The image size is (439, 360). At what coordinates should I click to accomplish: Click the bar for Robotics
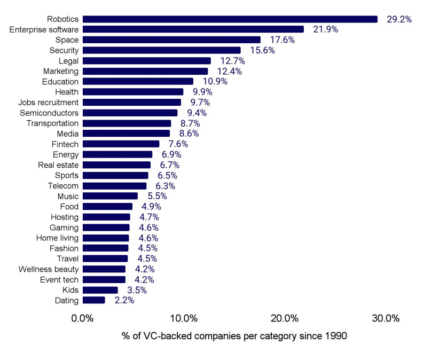[230, 19]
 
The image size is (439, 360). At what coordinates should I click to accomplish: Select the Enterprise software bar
[193, 29]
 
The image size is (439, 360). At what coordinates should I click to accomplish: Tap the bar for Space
[171, 40]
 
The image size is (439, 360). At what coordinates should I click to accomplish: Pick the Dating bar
[94, 300]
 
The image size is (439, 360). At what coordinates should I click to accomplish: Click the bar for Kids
[100, 290]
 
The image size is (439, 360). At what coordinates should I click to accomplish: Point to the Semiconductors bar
[130, 113]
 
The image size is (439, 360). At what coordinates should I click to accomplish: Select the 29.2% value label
[399, 19]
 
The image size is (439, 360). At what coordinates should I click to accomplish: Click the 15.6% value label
[262, 50]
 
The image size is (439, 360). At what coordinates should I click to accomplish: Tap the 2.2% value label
[124, 300]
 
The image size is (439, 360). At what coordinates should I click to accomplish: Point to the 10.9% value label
[215, 82]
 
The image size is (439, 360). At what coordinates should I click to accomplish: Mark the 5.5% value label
[157, 196]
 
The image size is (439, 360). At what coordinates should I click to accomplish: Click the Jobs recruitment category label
[48, 102]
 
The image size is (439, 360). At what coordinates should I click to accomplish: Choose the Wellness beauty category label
[49, 269]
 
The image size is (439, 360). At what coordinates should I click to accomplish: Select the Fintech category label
[65, 144]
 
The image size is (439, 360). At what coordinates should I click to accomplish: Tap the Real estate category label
[58, 165]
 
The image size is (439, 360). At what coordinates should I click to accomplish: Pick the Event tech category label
[59, 279]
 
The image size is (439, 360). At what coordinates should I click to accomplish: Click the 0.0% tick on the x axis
[83, 319]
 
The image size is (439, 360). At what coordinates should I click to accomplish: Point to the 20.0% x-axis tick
[285, 319]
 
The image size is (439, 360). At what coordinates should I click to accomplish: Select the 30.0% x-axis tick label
[386, 319]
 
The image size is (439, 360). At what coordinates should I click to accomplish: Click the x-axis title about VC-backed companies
[234, 336]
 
